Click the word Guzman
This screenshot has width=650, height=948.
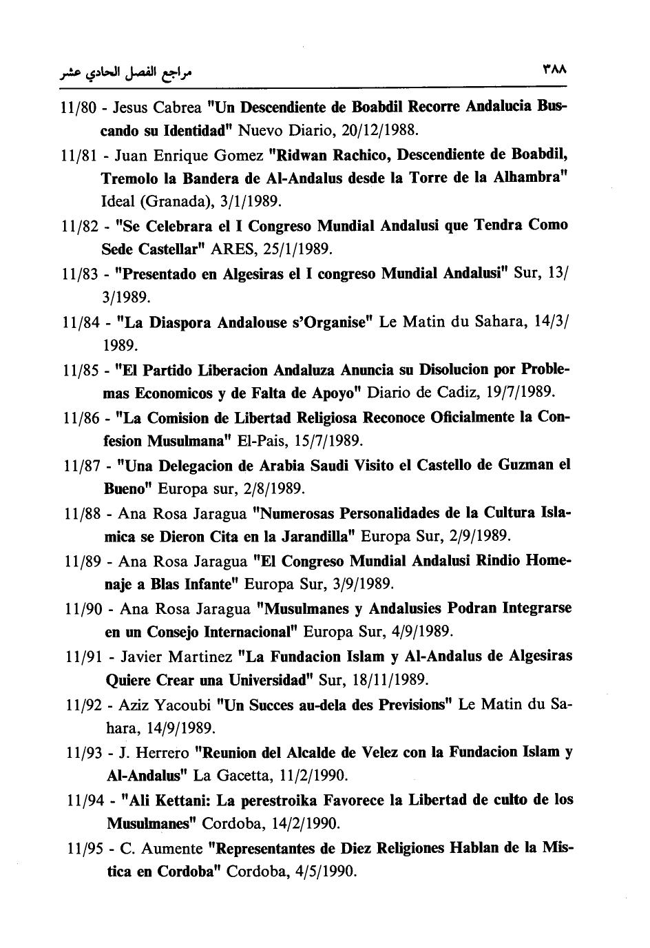[x=525, y=465]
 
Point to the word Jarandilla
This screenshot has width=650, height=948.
[x=316, y=536]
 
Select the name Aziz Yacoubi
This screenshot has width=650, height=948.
[x=165, y=705]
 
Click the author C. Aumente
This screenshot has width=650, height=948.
[x=161, y=848]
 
